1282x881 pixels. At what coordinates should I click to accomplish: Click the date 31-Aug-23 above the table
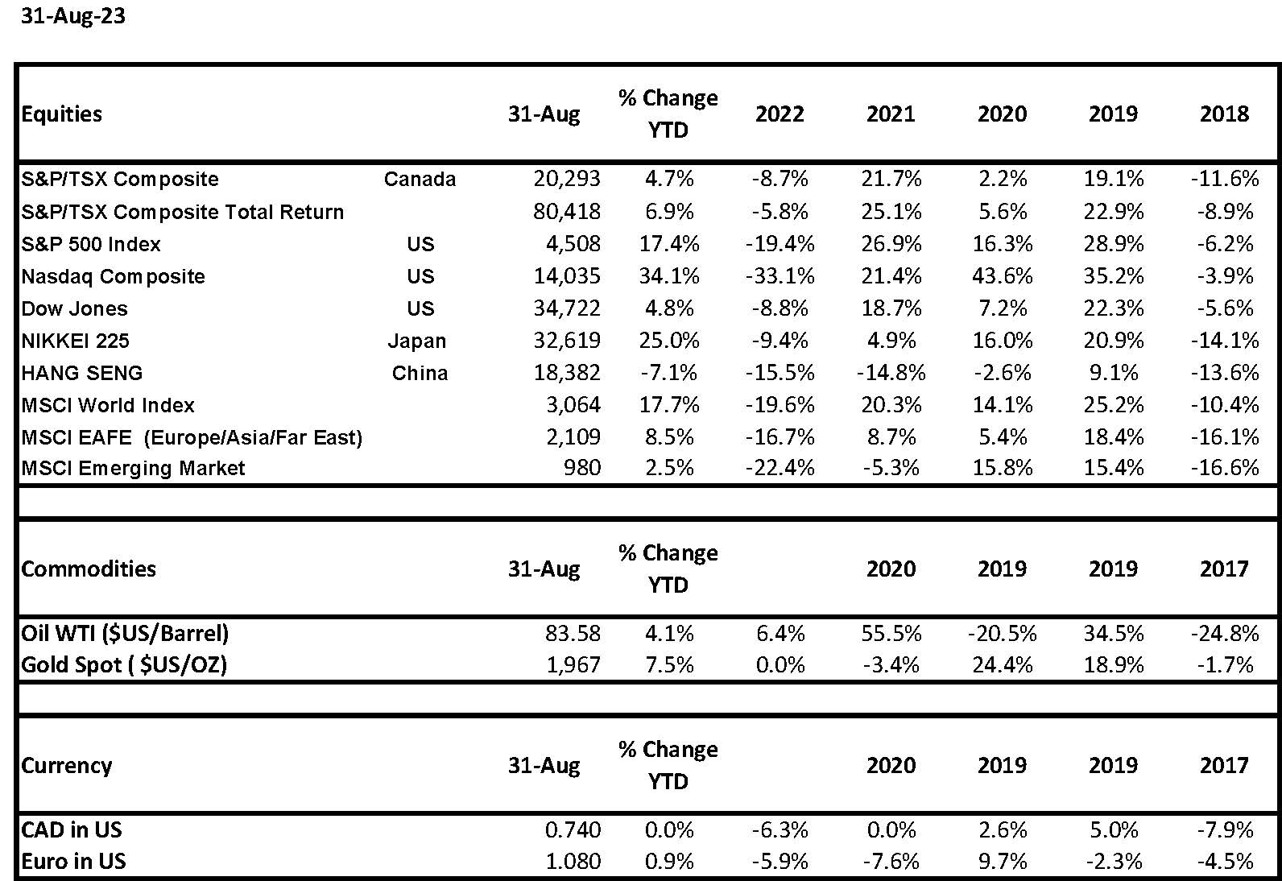click(72, 15)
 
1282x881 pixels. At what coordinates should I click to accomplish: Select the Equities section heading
click(62, 114)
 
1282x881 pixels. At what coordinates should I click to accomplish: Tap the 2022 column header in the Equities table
click(780, 114)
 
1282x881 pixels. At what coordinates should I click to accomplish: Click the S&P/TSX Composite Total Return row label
click(183, 212)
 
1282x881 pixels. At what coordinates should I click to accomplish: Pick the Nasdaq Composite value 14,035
click(567, 276)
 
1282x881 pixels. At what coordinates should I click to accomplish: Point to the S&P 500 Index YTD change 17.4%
click(669, 244)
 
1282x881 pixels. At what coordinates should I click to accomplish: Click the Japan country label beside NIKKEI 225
click(416, 341)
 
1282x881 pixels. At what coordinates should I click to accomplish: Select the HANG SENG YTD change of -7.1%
click(668, 373)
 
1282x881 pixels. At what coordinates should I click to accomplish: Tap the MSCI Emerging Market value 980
click(582, 468)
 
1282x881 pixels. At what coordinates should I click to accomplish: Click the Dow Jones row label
click(74, 308)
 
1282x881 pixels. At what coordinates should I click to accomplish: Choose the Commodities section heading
click(89, 569)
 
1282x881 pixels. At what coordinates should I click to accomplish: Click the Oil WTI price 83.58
click(573, 633)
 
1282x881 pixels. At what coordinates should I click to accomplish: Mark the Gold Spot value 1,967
click(573, 664)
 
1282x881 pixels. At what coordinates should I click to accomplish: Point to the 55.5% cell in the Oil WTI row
click(891, 633)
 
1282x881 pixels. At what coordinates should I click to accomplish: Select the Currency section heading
click(66, 765)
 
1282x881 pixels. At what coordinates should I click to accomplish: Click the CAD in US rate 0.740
click(573, 829)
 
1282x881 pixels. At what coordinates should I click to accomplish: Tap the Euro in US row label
click(73, 861)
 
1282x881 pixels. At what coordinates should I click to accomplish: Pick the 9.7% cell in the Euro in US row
click(1002, 861)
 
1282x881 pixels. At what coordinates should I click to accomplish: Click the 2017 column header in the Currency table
click(1224, 765)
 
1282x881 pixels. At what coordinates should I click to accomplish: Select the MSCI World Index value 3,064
click(573, 405)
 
